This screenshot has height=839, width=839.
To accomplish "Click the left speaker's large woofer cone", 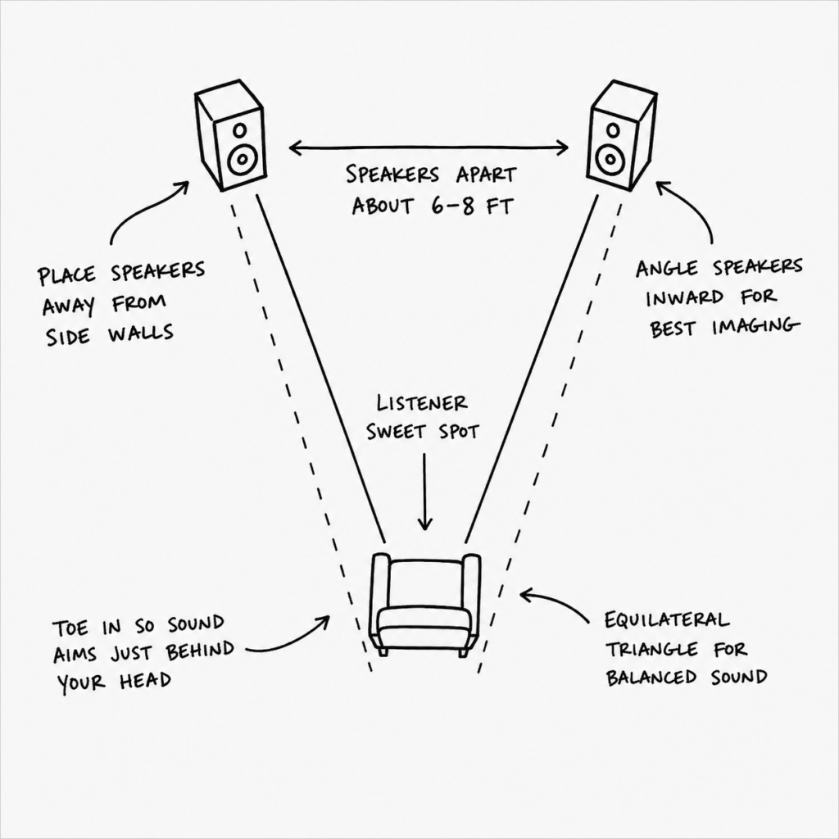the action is tap(243, 158).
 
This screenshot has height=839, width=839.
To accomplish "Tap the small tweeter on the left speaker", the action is tap(240, 130).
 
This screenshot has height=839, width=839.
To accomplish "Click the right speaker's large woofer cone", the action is tap(610, 158).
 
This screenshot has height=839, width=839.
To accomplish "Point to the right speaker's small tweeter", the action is tap(613, 130).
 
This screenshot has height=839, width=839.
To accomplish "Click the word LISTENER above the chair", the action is tap(422, 403).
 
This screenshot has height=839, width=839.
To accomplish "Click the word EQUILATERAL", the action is tap(667, 620).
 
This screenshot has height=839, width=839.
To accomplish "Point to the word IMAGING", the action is tap(755, 327).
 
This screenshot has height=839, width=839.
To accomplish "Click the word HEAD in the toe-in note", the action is tap(145, 681).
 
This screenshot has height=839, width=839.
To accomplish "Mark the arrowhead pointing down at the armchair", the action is tap(425, 523).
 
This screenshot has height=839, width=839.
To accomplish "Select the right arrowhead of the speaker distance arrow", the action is tap(561, 147).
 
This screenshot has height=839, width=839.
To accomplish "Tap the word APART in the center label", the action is tap(486, 175).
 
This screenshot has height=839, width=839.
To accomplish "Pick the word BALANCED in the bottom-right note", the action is tap(651, 678).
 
